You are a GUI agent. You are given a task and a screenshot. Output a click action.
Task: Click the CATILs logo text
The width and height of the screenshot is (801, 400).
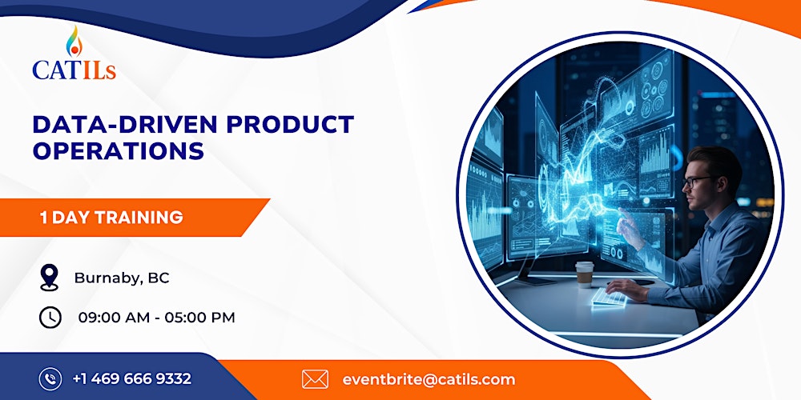click(74, 70)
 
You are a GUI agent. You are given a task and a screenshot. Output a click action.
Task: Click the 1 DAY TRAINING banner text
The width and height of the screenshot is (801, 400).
click(111, 217)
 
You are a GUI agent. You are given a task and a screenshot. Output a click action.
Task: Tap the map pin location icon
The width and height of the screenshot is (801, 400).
click(50, 278)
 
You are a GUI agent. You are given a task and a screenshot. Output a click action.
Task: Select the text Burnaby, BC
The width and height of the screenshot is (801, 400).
click(122, 278)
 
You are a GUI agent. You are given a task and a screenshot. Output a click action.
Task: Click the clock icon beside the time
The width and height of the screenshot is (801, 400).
click(50, 317)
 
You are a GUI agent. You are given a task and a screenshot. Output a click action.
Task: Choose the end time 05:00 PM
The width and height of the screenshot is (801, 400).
click(199, 318)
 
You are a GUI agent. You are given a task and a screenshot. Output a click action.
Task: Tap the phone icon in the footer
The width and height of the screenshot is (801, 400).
click(50, 378)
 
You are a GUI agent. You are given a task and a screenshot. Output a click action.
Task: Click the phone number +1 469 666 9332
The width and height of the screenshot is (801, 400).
click(131, 378)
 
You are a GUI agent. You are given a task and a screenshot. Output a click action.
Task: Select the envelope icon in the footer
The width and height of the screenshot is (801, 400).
click(315, 378)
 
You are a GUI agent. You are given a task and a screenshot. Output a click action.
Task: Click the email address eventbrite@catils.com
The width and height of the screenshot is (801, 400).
click(429, 379)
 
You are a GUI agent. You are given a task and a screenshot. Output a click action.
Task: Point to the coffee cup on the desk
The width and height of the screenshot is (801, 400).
click(585, 274)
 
